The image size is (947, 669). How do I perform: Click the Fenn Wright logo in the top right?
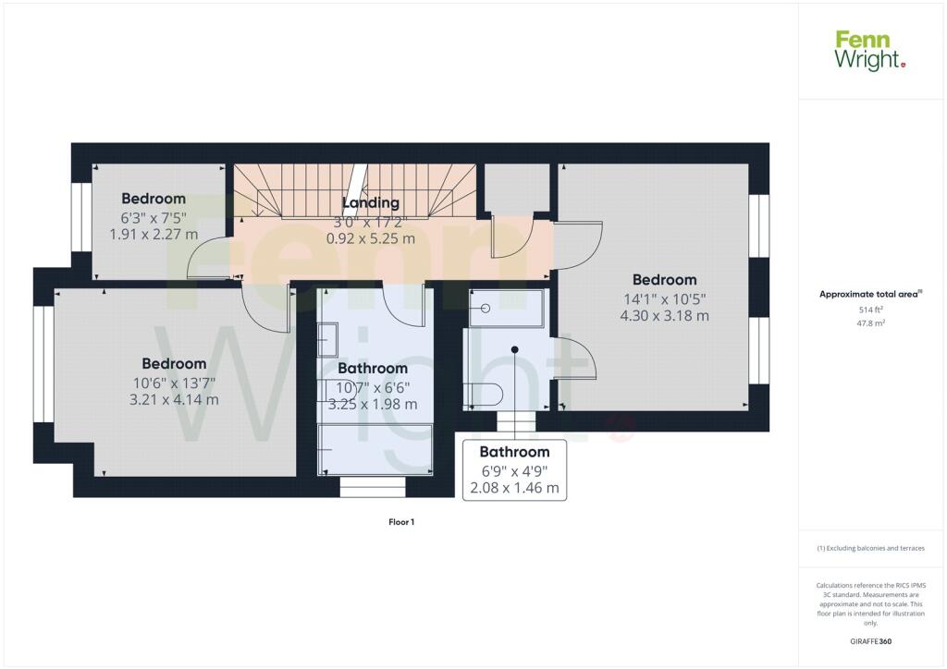pos(870,51)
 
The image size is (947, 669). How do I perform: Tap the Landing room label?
pos(371,202)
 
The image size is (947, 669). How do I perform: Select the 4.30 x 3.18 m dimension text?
pos(664,315)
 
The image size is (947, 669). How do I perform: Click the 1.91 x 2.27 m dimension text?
pos(154,234)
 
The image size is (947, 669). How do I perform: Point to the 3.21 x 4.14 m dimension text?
pos(174,399)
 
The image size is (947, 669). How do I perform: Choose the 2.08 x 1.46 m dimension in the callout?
pos(514,487)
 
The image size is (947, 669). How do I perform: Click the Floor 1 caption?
pos(401,522)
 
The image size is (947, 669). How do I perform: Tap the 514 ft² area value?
pos(870,310)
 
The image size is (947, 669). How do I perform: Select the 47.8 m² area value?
pos(870,323)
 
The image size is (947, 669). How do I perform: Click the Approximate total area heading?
pos(870,295)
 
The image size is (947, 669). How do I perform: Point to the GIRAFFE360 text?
pos(870,641)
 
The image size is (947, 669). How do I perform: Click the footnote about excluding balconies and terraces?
pos(870,548)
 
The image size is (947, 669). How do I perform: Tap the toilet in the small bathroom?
pos(483,395)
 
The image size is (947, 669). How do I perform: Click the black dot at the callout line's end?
pos(514,350)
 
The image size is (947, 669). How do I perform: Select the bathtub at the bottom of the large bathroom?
pos(375,449)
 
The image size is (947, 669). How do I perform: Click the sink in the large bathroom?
pos(328,340)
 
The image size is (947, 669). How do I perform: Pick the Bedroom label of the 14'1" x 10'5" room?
pos(664,280)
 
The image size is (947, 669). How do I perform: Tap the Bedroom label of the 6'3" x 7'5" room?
pos(154,199)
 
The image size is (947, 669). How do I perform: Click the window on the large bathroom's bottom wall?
pos(373,487)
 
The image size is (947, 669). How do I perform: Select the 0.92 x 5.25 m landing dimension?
pos(371,238)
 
